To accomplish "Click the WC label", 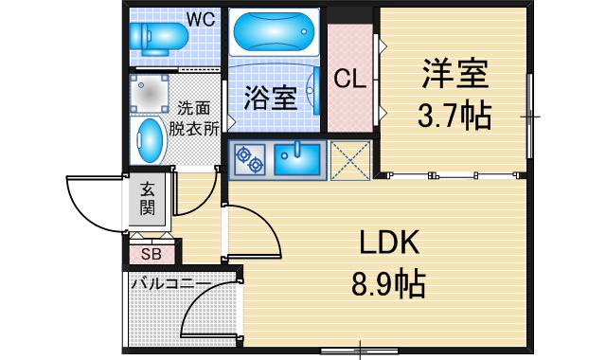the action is click(201, 19).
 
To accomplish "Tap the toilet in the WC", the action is click(158, 38).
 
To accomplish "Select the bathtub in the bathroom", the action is click(274, 31).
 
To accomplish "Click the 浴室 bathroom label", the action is click(271, 98).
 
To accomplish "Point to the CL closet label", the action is click(349, 79).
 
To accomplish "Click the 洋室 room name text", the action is click(454, 74).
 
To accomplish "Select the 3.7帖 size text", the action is click(454, 116).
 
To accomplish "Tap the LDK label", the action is click(389, 243).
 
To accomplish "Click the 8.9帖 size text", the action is click(389, 283).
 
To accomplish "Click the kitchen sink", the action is click(297, 159).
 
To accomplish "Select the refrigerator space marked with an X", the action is click(350, 160).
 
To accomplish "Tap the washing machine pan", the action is click(149, 93).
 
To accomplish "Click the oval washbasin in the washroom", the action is click(150, 140).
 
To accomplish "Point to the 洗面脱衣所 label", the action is click(194, 118).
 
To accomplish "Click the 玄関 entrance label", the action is click(148, 199).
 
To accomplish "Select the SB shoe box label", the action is click(151, 254).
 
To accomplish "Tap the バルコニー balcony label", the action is click(171, 283).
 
